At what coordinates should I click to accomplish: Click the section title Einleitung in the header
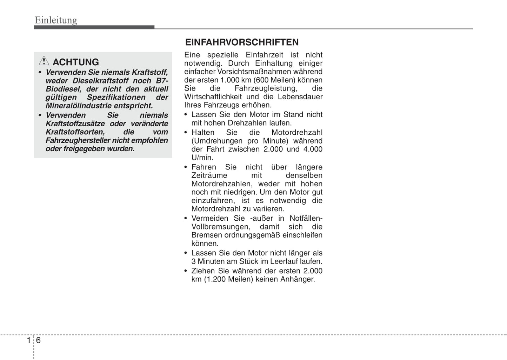click(56, 20)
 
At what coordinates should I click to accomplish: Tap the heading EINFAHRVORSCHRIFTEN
click(242, 42)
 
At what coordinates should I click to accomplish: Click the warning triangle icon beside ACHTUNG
click(44, 61)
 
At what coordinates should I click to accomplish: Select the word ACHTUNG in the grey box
click(76, 62)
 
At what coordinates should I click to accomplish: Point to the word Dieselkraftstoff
click(100, 81)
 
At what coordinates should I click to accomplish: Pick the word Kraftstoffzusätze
click(75, 124)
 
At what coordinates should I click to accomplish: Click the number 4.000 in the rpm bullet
click(313, 149)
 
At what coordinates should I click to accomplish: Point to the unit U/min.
click(202, 158)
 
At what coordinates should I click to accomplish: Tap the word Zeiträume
click(209, 175)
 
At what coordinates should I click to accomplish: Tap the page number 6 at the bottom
click(38, 340)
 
